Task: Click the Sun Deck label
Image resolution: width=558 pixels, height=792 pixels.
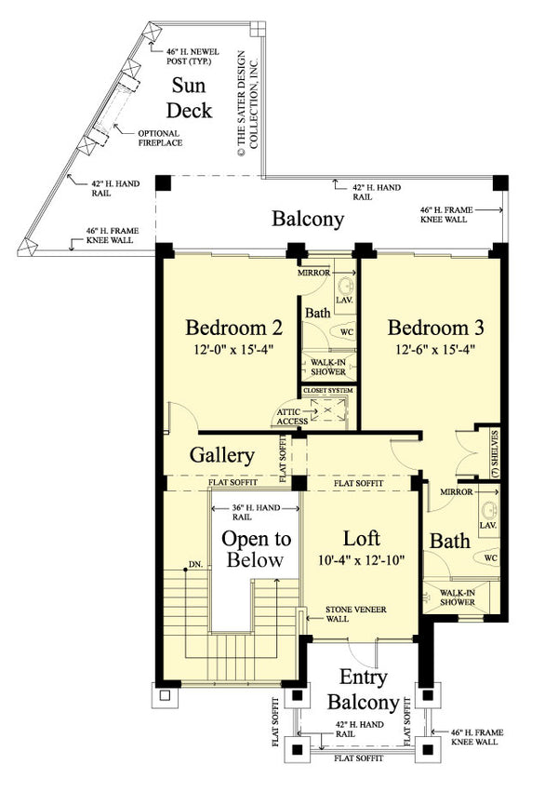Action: [192, 99]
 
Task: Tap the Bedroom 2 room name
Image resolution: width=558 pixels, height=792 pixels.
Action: [233, 329]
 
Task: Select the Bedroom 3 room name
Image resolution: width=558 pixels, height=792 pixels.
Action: [436, 329]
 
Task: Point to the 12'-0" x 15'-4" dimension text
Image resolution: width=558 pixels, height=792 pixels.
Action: [233, 351]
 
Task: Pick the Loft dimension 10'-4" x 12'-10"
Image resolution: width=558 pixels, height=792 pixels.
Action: [361, 561]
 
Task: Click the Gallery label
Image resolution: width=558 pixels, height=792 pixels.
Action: [222, 456]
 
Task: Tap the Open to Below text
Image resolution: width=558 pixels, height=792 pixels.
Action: [256, 549]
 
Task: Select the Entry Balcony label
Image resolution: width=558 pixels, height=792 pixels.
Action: [363, 690]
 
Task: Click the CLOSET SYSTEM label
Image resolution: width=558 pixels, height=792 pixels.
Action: [328, 392]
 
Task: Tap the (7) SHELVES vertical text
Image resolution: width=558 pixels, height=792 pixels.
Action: [496, 454]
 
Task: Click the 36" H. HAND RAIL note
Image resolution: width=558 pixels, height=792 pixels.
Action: [256, 513]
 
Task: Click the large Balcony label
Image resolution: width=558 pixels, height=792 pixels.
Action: [308, 220]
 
